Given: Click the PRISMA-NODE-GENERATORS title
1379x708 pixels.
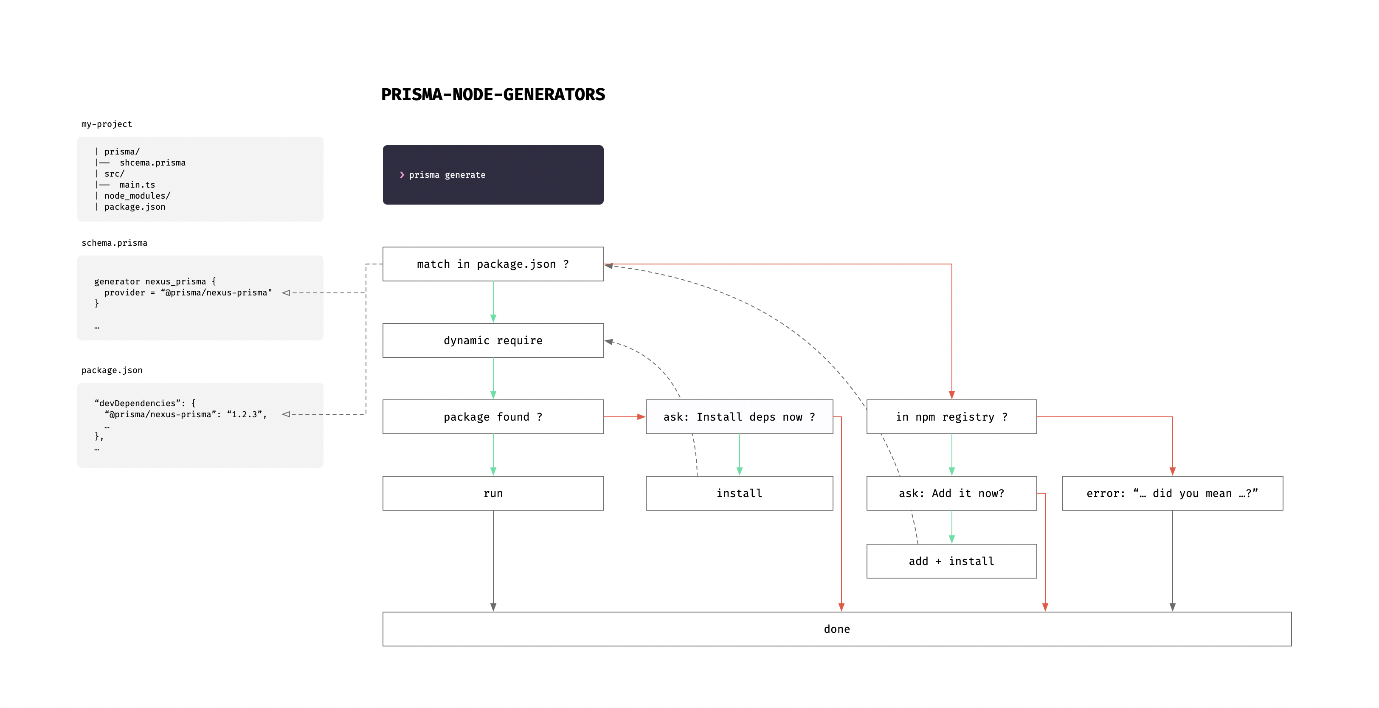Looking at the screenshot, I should tap(492, 94).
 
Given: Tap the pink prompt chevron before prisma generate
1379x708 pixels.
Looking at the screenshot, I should tap(402, 175).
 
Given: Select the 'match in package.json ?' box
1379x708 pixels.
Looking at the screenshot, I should tap(492, 264).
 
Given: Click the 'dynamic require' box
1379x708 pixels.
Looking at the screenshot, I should tap(492, 340).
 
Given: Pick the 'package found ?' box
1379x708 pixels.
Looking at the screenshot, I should tap(492, 417).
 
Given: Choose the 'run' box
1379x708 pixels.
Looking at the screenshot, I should tap(492, 493).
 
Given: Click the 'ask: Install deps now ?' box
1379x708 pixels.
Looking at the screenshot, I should tap(739, 417).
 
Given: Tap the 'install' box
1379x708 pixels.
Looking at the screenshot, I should tap(739, 493).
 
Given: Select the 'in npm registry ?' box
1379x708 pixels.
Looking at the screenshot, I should tap(951, 417).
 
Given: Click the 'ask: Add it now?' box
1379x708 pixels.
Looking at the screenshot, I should tap(951, 493).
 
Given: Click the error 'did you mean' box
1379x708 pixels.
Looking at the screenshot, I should tap(1172, 493).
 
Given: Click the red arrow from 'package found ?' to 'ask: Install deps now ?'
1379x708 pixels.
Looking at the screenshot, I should tap(624, 417).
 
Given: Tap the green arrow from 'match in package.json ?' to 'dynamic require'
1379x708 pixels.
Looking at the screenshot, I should tap(493, 301).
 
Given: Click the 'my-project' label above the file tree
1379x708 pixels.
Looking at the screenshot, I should tap(107, 124).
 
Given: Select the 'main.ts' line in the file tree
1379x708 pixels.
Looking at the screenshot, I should tap(137, 185).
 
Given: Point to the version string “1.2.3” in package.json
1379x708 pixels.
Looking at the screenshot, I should tap(244, 414).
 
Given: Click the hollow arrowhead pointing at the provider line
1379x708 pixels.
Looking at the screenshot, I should tap(286, 293).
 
